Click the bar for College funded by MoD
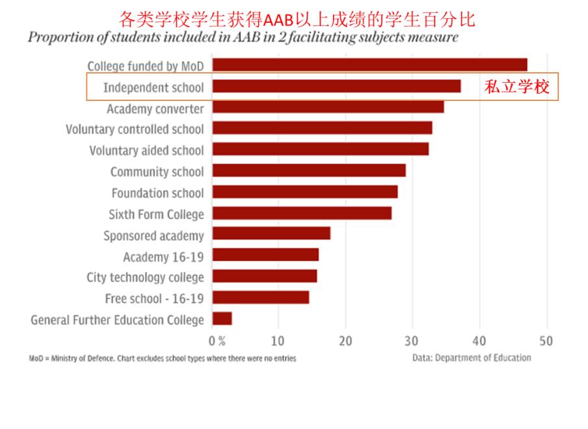(369, 64)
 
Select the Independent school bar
(336, 86)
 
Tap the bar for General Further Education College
(222, 319)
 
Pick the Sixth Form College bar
(302, 213)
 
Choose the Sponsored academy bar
(271, 234)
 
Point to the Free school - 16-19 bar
(260, 298)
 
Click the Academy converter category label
(155, 108)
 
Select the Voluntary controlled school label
(135, 129)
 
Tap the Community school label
(157, 172)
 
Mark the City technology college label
(145, 277)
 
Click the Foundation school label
(157, 193)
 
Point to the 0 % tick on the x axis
(217, 340)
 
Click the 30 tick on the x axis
(412, 340)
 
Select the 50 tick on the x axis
(546, 340)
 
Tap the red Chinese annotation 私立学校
(516, 87)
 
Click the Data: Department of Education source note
(472, 357)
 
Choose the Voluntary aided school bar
(320, 149)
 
